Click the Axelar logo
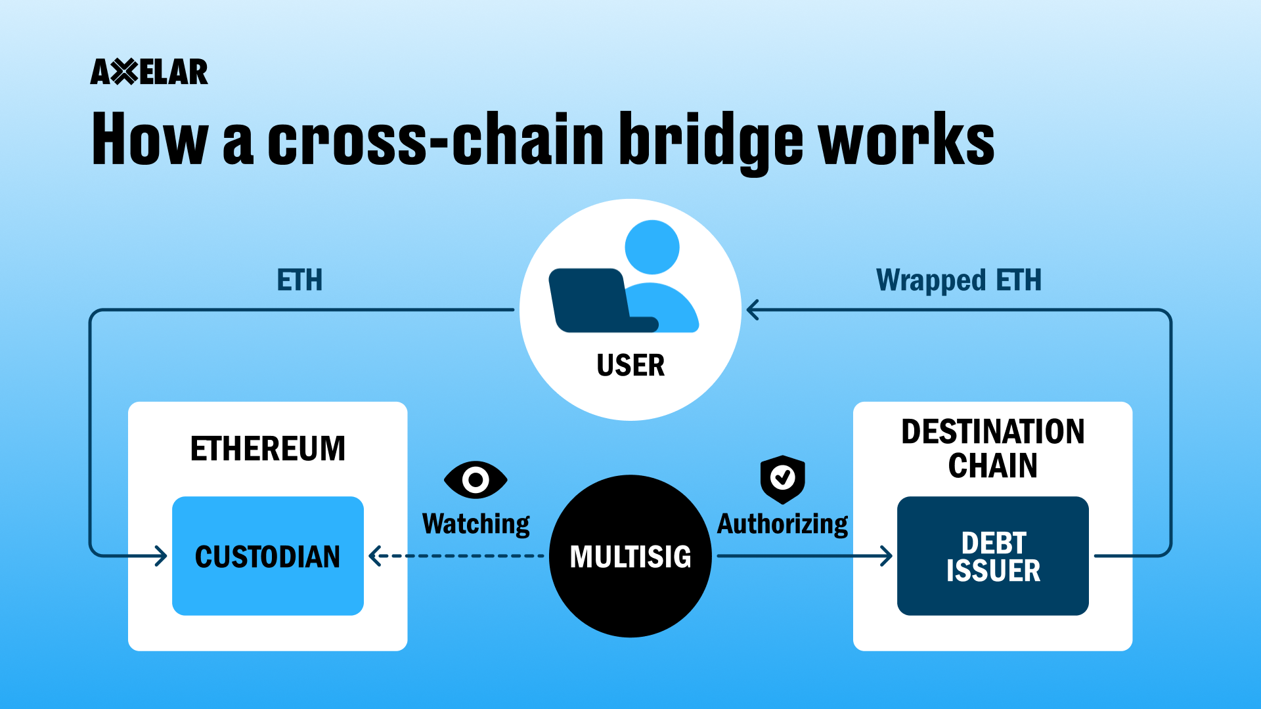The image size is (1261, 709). (149, 72)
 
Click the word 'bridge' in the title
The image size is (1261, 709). (711, 140)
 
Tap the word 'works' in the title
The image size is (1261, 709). (906, 140)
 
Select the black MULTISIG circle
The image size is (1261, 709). (630, 578)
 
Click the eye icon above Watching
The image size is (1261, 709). (476, 480)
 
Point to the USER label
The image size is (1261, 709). (630, 365)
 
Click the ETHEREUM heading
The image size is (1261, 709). (267, 449)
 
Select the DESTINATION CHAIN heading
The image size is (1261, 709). (992, 448)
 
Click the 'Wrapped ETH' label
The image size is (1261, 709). (958, 280)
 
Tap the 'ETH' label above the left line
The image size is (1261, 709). (299, 280)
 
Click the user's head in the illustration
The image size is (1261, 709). (652, 247)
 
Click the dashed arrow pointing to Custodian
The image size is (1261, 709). (460, 556)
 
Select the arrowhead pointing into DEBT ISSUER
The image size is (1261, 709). (887, 556)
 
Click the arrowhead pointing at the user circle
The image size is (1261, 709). (753, 310)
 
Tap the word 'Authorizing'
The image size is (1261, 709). (782, 524)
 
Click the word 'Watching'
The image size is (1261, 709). (476, 524)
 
